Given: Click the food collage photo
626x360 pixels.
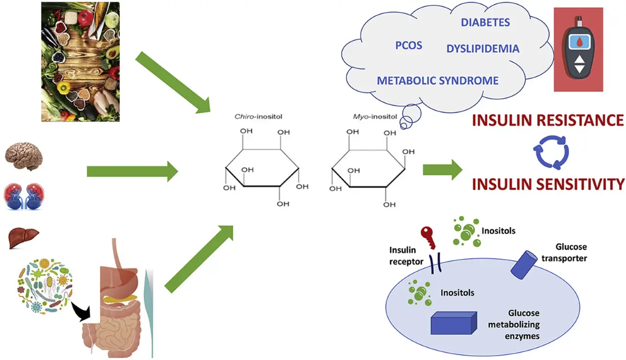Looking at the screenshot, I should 80,61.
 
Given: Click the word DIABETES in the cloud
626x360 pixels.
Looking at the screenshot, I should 485,22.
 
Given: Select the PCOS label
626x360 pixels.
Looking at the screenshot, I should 408,46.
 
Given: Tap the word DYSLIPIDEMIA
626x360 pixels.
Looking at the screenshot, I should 482,49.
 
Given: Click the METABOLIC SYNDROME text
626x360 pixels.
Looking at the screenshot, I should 437,80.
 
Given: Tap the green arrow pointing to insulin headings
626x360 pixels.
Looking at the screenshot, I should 442,169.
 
